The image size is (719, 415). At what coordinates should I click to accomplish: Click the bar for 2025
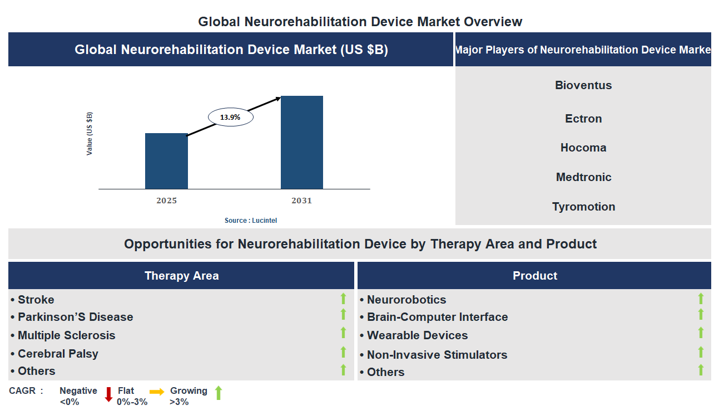coord(166,161)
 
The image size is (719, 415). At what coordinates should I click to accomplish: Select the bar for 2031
coord(301,143)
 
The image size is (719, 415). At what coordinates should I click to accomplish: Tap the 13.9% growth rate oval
coord(230,118)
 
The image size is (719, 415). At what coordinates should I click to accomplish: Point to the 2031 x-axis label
coord(301,201)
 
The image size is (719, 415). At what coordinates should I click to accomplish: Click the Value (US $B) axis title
coord(90,134)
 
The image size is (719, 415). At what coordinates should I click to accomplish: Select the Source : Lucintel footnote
coord(250,221)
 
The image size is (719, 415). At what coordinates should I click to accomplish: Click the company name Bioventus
coord(583,85)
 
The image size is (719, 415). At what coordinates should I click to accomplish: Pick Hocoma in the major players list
coord(583,148)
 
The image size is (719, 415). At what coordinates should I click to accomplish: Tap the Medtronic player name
coord(583,177)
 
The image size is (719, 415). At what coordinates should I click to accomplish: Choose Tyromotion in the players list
coord(583,207)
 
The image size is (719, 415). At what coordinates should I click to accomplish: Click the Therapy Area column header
coord(181,276)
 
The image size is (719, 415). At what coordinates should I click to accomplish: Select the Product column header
coord(534,276)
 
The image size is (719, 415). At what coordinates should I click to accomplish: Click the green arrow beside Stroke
coord(343,299)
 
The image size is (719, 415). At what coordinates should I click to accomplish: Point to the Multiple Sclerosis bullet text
coord(66,335)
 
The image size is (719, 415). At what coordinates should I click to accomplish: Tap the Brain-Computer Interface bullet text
coord(437,317)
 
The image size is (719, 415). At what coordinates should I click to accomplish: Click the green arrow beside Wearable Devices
coord(701,333)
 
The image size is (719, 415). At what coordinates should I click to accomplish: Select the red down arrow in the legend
coord(108,394)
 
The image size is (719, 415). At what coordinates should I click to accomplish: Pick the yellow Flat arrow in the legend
coord(157,392)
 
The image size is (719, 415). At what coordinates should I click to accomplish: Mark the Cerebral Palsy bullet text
coord(58,354)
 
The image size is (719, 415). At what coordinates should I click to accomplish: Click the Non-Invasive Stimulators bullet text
coord(437,355)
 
